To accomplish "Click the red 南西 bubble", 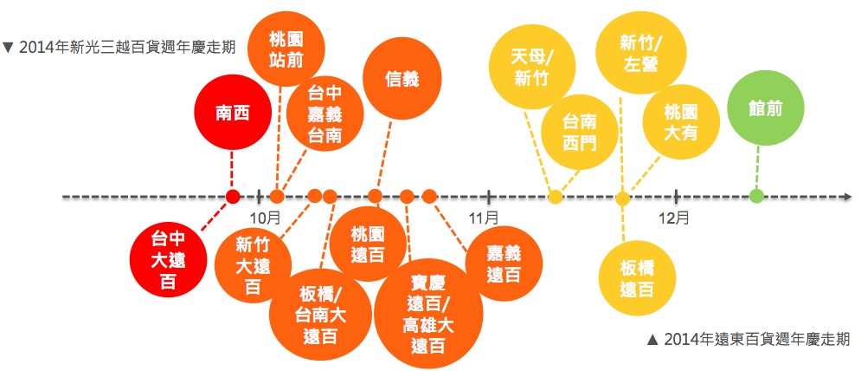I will [231, 113].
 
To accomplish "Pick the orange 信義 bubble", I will [402, 79].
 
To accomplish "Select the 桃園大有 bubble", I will [679, 122].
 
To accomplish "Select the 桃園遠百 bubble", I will [368, 244].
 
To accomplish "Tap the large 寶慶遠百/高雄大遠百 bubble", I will [427, 315].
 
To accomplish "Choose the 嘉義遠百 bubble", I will [504, 263].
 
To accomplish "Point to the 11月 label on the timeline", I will [485, 217].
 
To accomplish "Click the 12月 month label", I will [674, 217].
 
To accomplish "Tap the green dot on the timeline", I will [756, 197].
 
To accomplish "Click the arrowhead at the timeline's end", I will [846, 197].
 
